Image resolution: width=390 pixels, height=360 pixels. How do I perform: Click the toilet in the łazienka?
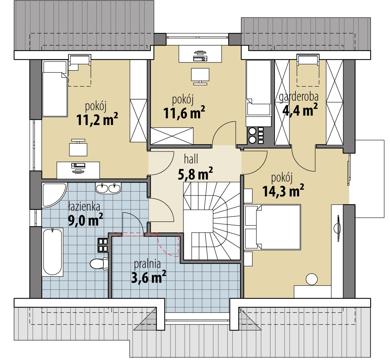click(99, 264)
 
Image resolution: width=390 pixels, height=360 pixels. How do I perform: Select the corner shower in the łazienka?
click(54, 195)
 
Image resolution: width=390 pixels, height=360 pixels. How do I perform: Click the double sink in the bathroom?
click(108, 188)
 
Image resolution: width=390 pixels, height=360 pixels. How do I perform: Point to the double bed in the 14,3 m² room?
click(273, 227)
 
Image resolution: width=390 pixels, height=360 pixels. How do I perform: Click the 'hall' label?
click(191, 159)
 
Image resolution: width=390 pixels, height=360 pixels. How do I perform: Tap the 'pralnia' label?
click(147, 264)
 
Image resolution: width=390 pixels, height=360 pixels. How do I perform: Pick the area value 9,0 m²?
click(86, 220)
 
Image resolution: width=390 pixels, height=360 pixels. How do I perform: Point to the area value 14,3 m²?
click(283, 191)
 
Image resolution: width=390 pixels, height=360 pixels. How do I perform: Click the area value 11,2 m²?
click(97, 120)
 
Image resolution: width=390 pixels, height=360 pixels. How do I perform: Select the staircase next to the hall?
click(212, 221)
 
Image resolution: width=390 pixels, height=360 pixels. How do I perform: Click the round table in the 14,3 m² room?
click(312, 279)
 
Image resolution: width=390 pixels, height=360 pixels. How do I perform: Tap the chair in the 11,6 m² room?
click(200, 76)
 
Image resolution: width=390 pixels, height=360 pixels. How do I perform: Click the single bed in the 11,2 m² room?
click(55, 89)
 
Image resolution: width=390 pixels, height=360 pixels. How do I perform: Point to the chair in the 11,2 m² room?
click(78, 148)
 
